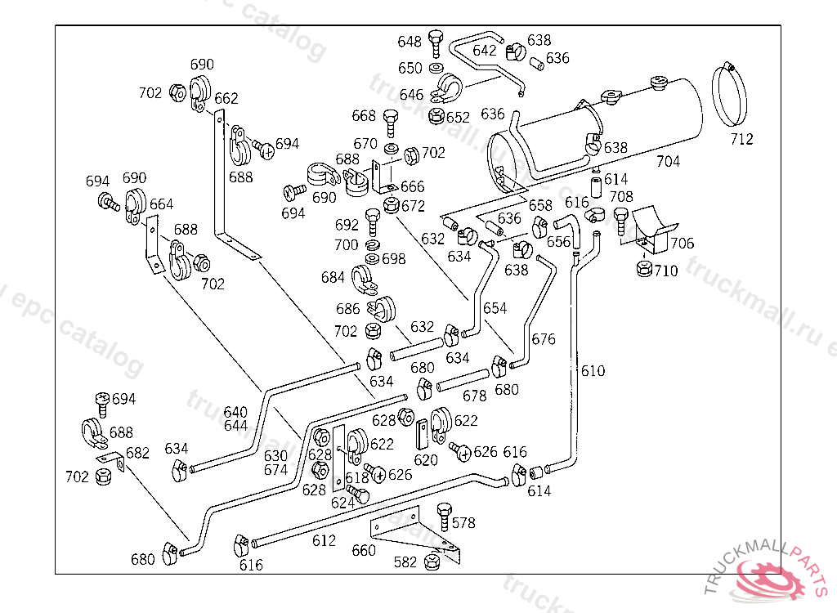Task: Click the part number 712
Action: coord(741,139)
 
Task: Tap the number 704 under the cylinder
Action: coord(668,161)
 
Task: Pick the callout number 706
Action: coord(682,243)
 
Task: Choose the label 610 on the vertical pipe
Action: coord(593,371)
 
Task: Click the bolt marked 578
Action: coord(445,513)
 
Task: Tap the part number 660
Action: coord(364,550)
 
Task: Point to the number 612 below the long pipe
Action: coord(324,540)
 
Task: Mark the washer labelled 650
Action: coord(436,67)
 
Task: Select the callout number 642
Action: coord(485,51)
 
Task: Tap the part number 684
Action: coord(333,278)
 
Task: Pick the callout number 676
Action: coord(544,338)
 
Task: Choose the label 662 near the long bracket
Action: coord(226,98)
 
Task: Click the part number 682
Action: coord(137,453)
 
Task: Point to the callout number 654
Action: coord(495,308)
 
